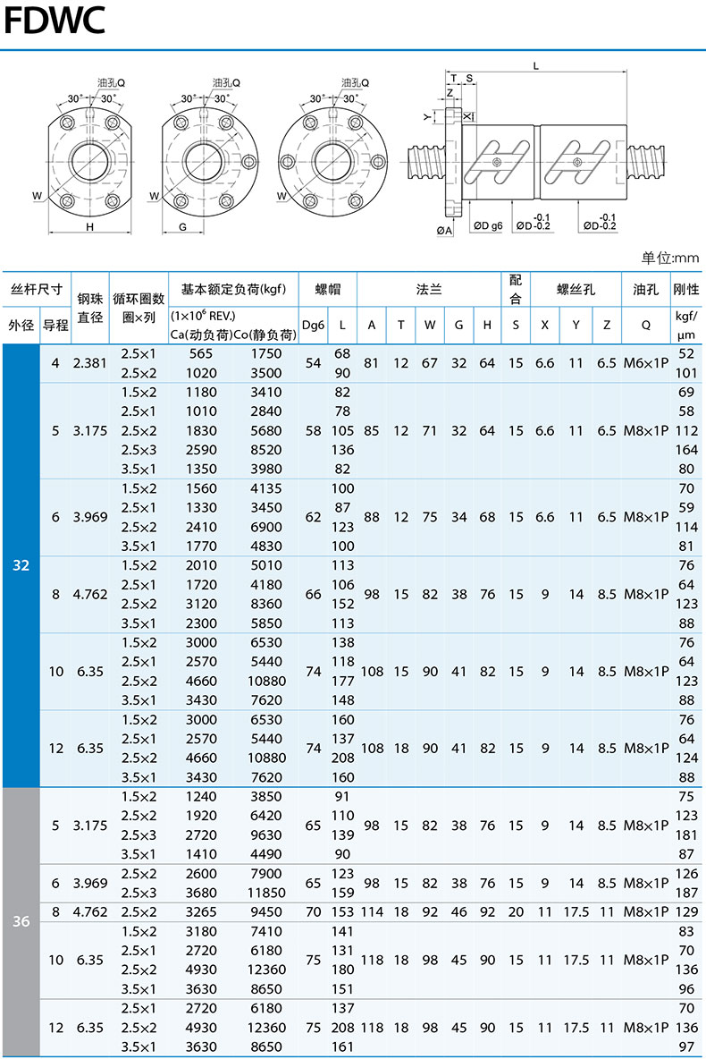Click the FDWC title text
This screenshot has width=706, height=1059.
55,20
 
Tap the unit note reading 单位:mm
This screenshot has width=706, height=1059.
669,258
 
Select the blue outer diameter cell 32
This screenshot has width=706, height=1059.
21,565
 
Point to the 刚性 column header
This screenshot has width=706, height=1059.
685,289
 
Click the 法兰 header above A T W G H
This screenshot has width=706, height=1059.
429,289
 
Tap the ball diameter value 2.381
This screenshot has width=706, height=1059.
90,363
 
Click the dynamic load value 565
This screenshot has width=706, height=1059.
201,353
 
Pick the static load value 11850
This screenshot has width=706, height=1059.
265,893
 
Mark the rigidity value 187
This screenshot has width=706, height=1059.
685,893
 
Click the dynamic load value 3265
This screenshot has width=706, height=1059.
201,912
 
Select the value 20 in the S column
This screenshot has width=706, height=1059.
516,912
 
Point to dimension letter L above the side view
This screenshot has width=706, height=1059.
534,66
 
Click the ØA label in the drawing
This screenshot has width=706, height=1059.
444,231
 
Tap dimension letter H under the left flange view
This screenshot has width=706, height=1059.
89,227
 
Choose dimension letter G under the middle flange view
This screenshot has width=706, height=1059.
182,227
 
